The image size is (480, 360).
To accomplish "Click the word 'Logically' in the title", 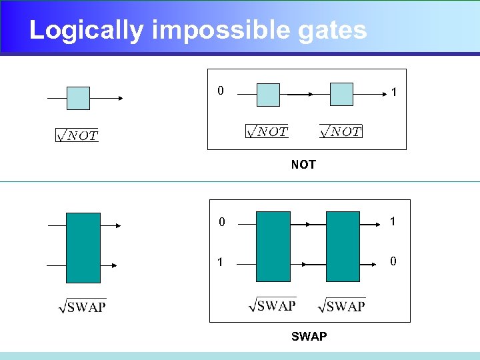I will pos(86,31).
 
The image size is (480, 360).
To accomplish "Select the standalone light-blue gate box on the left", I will pos(78,98).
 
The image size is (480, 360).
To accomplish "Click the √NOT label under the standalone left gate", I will pos(77,135).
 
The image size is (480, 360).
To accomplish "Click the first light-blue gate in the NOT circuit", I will pos(268,94).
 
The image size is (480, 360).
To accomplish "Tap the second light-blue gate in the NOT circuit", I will pos(341,94).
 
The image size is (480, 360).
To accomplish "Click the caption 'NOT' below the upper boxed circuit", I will pos(303,165).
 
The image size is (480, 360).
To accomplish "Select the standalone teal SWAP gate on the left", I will pos(83,248).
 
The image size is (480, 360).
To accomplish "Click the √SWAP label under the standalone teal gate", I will pos(83,306).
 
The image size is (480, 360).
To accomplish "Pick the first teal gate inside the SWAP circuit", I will pos(273,247).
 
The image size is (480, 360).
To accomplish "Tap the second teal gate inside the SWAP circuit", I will pos(343,247).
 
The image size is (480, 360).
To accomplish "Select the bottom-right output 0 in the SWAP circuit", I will pos(393,261).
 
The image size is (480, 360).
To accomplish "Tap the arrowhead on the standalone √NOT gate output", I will pos(121,98).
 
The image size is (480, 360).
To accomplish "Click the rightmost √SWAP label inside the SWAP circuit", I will pos(342,305).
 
